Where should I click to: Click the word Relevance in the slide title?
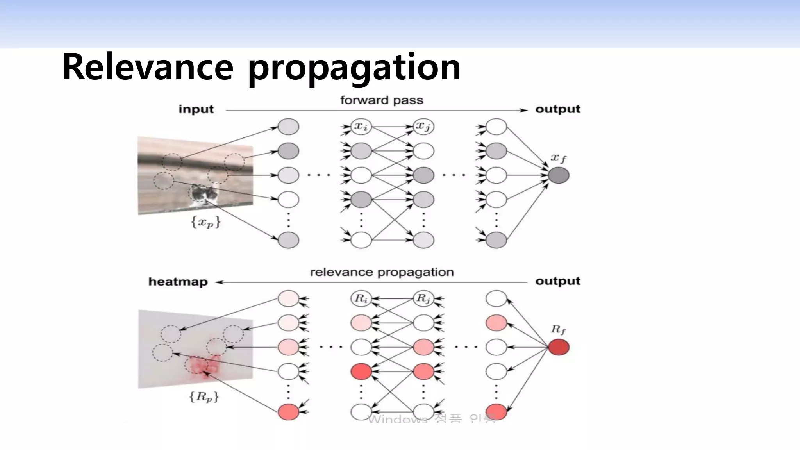(148, 67)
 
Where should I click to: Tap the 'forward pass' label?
(382, 100)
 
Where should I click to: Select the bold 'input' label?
(196, 109)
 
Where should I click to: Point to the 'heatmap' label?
(178, 282)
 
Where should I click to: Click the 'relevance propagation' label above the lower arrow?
(382, 272)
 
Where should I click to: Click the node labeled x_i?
(361, 127)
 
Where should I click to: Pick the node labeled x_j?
(423, 127)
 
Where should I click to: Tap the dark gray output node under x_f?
(559, 175)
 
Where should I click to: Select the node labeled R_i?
(361, 299)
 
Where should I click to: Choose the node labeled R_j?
(423, 299)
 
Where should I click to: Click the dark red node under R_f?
(559, 347)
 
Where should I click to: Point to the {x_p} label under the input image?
(205, 222)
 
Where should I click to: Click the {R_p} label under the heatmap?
(204, 397)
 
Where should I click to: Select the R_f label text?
(558, 330)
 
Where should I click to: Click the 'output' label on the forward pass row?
(558, 109)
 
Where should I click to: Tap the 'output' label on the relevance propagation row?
(558, 281)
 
